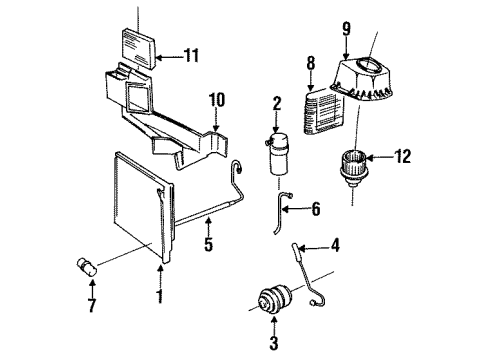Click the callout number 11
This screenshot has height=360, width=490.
coord(192,55)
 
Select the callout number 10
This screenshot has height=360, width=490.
coord(217,100)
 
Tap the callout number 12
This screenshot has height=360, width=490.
coord(402,156)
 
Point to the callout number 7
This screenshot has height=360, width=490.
coord(92,305)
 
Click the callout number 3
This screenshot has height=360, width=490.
coord(274,343)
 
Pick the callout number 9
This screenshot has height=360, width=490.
coord(347,29)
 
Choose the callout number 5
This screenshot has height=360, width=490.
coord(208,244)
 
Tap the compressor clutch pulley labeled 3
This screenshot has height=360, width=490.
coord(276,299)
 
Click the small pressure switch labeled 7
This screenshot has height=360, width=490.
coord(86,267)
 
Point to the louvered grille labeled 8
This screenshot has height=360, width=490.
coord(324,112)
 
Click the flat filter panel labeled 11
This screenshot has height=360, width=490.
coord(138,48)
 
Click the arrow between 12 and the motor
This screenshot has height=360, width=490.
coord(379,157)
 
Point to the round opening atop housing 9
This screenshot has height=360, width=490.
coord(368,64)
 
